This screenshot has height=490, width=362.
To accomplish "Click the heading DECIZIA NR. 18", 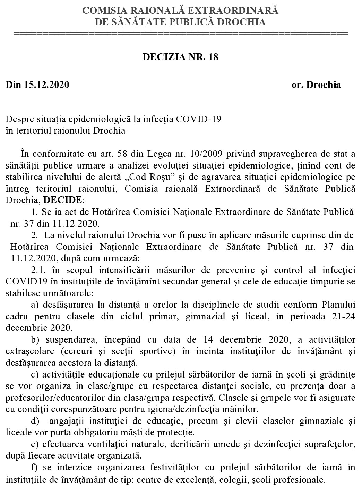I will [x=181, y=57].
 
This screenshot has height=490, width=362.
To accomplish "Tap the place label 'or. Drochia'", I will [x=316, y=85].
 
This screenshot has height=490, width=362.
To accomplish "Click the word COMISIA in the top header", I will [x=103, y=11].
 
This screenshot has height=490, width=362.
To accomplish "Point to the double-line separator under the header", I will [x=181, y=34].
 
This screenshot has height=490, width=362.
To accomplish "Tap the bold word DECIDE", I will [x=63, y=200].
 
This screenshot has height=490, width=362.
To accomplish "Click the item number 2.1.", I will [x=37, y=270].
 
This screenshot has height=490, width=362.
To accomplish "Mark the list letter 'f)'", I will [x=34, y=468].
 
